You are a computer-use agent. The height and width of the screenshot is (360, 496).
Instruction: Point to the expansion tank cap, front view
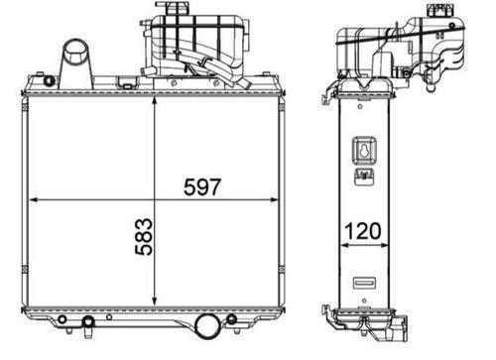tap(164, 9)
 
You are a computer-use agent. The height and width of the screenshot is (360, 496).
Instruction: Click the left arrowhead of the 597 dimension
tap(36, 199)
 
